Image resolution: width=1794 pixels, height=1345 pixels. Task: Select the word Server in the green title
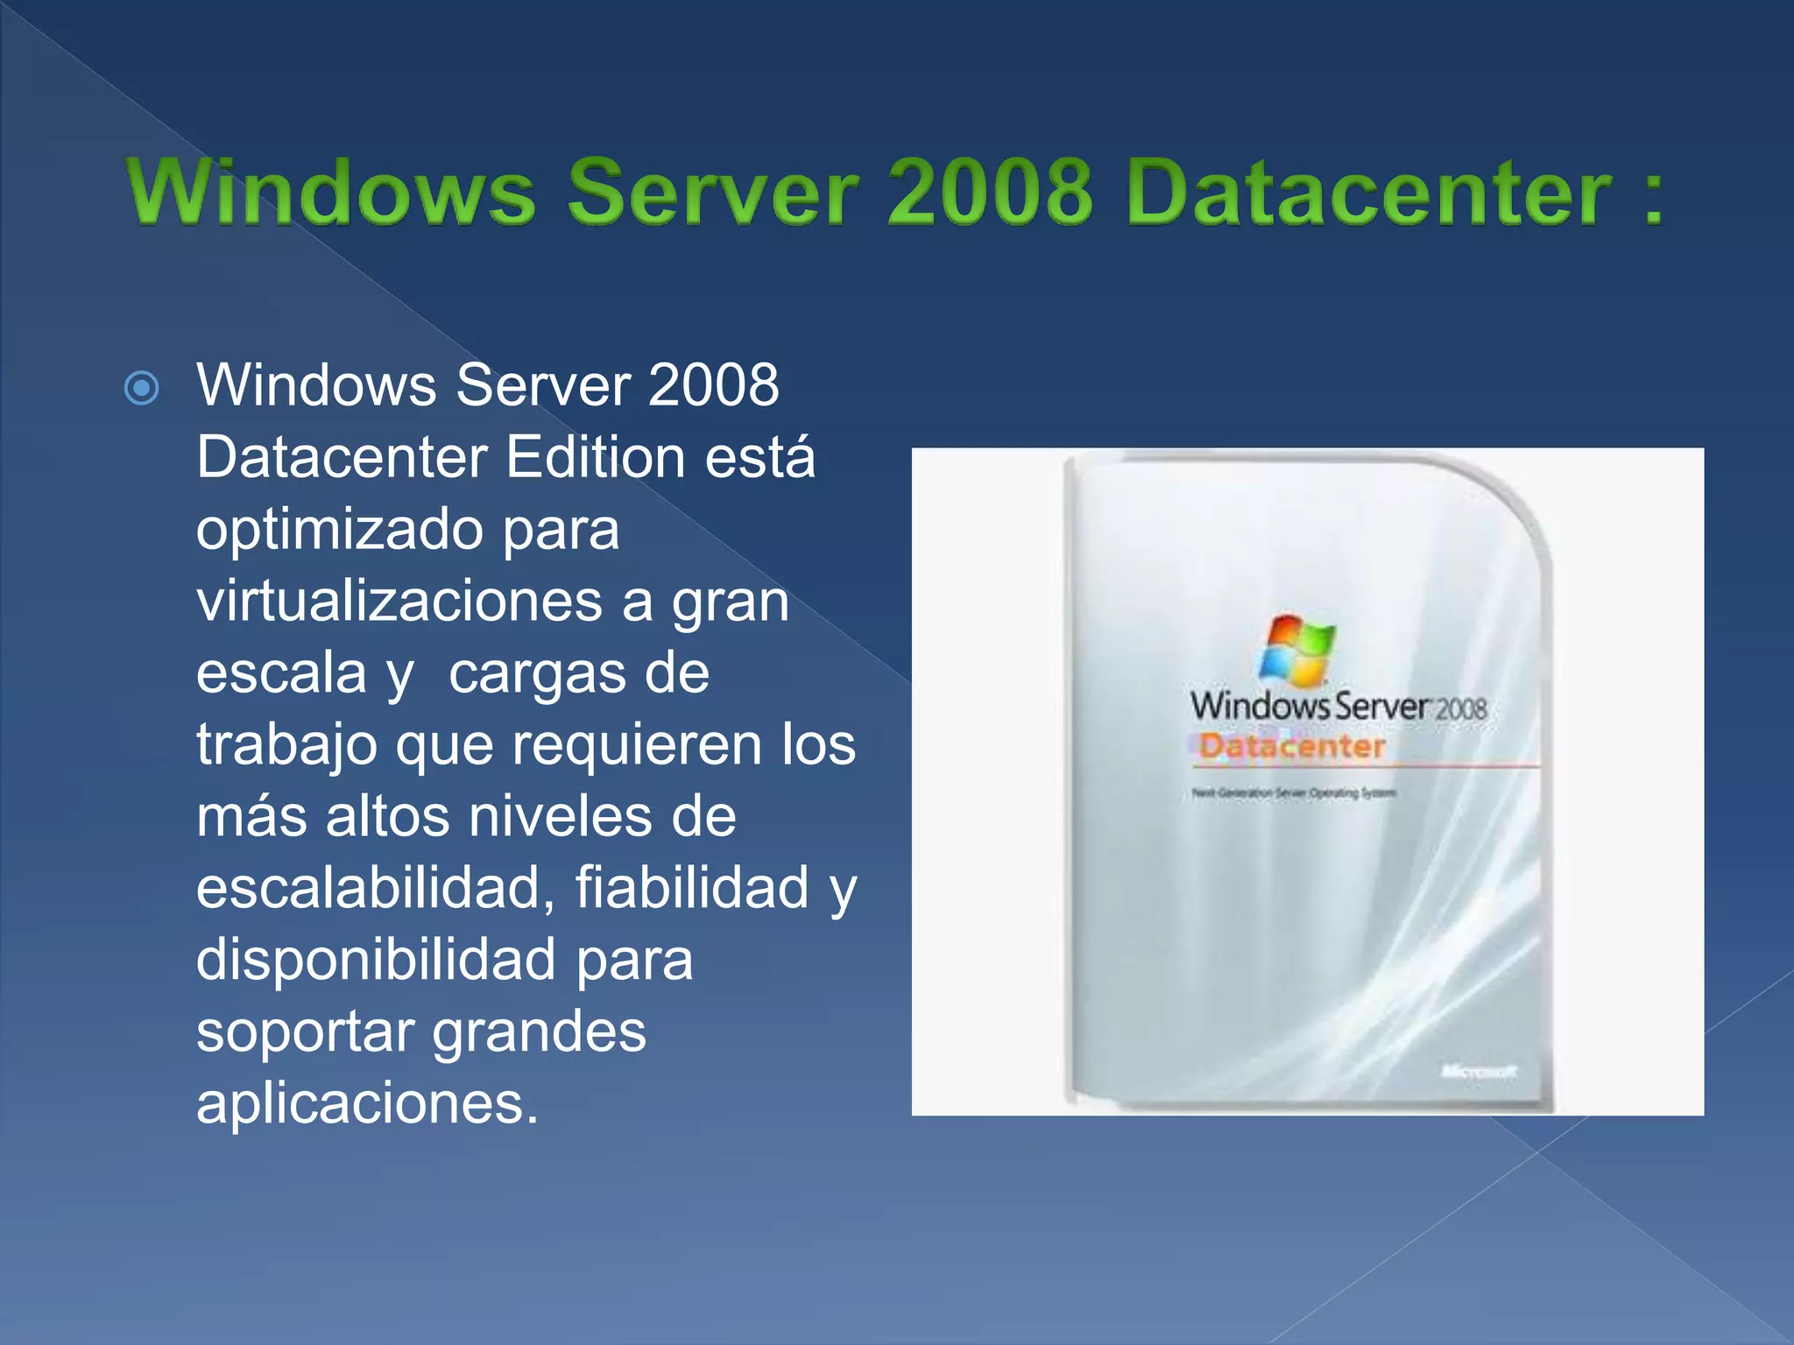(712, 192)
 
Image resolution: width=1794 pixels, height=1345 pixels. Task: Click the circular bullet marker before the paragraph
(142, 388)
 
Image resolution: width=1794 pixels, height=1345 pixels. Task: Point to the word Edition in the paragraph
(595, 457)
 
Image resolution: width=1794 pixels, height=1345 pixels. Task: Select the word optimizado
(339, 531)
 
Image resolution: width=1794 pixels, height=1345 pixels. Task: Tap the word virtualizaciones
(399, 601)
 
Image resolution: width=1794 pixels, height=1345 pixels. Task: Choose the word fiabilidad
(691, 888)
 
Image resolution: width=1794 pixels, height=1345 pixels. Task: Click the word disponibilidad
(375, 959)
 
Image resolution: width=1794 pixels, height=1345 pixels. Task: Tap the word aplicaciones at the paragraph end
(366, 1103)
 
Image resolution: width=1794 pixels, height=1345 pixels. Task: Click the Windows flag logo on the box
(1297, 650)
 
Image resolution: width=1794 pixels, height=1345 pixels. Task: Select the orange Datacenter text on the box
(1291, 747)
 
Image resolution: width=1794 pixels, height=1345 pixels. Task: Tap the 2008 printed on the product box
(1461, 708)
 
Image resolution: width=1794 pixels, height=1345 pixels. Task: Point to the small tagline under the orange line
(1293, 793)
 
